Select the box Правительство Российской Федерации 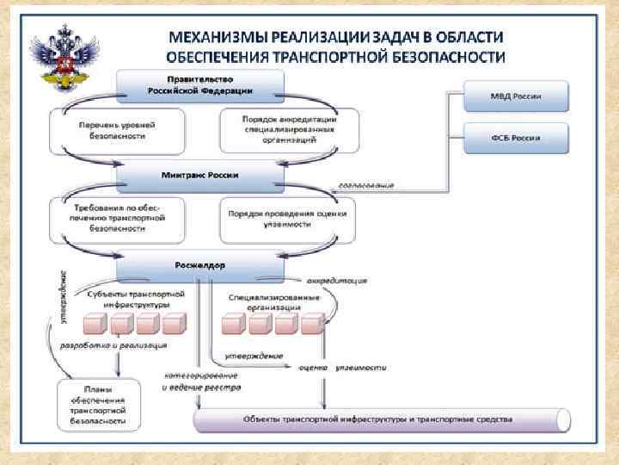tap(199, 84)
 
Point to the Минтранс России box tap(199, 176)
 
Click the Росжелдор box tap(199, 266)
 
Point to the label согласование tap(366, 185)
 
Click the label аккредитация tap(337, 280)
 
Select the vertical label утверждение tap(63, 297)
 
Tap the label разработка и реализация tap(113, 345)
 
